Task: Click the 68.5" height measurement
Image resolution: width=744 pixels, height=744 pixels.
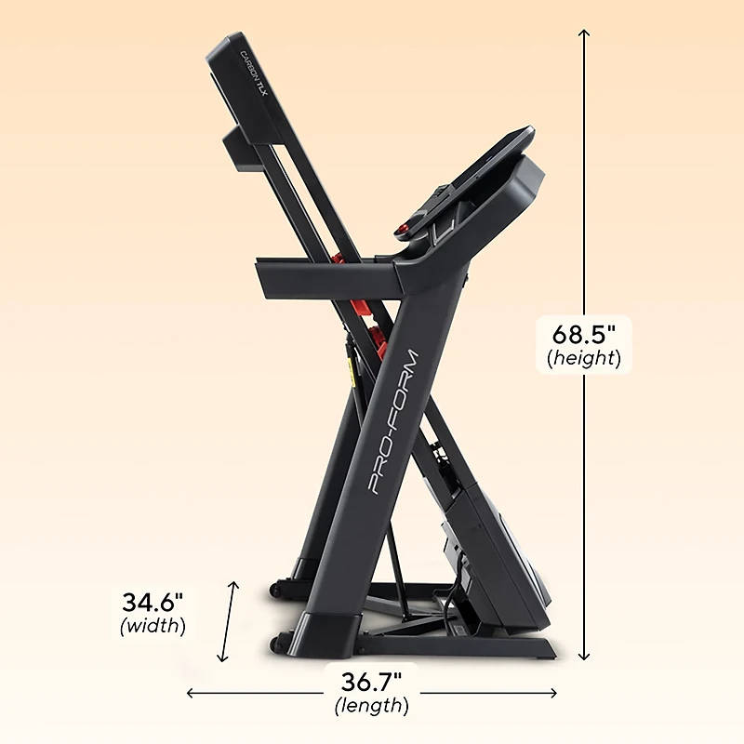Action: [x=583, y=333]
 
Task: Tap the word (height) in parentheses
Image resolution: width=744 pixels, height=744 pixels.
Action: [x=584, y=358]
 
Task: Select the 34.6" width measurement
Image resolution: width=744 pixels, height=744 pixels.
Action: [x=153, y=601]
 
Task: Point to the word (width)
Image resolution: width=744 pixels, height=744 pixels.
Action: [x=153, y=626]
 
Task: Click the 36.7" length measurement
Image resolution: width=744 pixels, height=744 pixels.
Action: [x=371, y=682]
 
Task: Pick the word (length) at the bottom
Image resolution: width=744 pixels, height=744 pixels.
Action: [x=371, y=706]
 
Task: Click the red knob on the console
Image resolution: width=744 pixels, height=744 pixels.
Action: [x=404, y=230]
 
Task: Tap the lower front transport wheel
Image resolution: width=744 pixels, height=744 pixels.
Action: [x=275, y=644]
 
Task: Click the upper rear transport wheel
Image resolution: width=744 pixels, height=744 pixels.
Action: [x=276, y=590]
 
